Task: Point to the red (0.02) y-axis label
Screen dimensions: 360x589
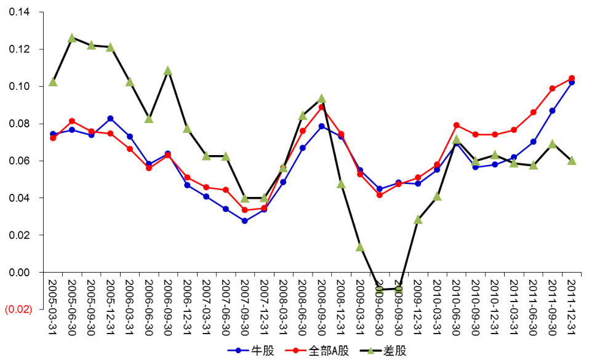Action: coord(18,310)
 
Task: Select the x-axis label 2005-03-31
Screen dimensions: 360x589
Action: coord(52,306)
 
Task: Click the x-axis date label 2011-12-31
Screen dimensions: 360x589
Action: coord(571,306)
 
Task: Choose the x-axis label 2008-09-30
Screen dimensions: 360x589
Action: coord(321,306)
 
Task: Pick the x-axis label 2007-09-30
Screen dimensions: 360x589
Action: coord(244,306)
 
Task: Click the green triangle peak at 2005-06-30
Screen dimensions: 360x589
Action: coord(72,38)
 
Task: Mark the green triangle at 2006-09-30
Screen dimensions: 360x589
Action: coord(168,71)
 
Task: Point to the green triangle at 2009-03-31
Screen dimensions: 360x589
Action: coord(360,247)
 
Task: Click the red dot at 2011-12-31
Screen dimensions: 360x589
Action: coord(571,78)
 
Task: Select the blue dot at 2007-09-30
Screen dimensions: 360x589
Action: coord(244,220)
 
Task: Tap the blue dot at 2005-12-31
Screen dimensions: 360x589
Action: coord(110,118)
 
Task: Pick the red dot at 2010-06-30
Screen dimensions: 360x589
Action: coord(456,125)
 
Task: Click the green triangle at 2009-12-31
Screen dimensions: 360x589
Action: coord(418,219)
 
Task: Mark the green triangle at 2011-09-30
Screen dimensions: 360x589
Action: coord(552,144)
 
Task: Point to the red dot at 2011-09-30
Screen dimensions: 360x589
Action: coord(552,89)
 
